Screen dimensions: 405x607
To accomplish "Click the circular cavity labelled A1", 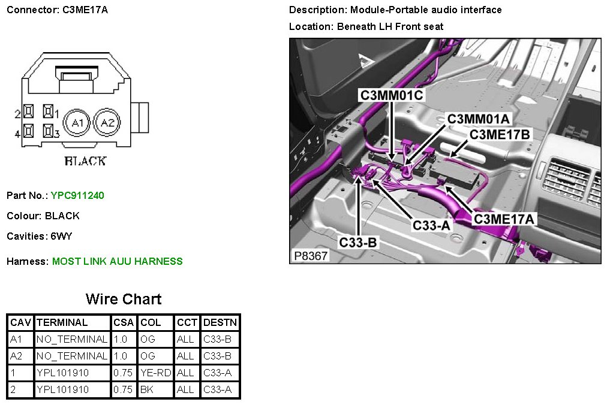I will click(x=76, y=123).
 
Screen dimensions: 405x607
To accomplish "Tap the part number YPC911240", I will click(x=77, y=195).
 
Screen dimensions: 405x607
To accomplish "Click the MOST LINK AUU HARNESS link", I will click(x=118, y=261).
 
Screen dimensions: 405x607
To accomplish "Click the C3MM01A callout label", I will click(x=479, y=119).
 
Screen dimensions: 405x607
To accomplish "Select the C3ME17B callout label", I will click(x=500, y=135).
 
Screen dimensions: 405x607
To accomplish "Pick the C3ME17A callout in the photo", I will click(x=504, y=219).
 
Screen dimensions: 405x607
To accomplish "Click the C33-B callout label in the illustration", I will click(x=358, y=242).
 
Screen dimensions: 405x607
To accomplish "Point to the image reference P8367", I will click(x=311, y=255).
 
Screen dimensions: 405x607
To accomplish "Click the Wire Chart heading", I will click(x=124, y=299).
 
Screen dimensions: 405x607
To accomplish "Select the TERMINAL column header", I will click(x=62, y=322).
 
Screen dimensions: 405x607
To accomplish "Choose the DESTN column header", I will click(x=220, y=322).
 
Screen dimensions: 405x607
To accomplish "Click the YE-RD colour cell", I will click(x=155, y=373).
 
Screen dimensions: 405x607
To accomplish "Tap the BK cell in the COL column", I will click(x=147, y=389).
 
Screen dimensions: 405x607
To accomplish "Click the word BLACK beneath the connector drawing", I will click(x=85, y=161).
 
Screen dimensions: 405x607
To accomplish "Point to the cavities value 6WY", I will click(x=61, y=236).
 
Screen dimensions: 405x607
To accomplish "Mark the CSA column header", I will click(x=124, y=322).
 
